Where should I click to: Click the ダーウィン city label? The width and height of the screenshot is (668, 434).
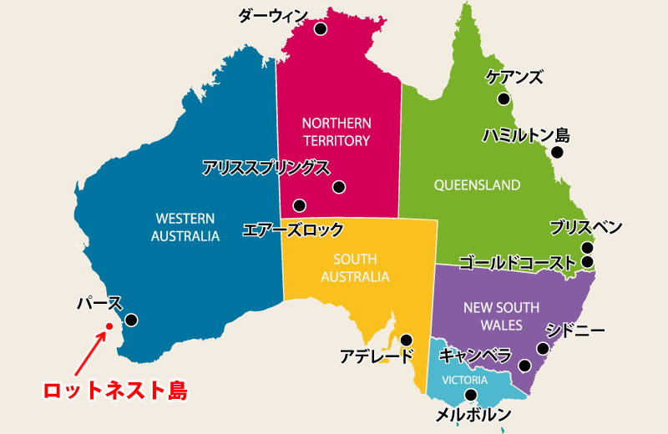tap(272, 15)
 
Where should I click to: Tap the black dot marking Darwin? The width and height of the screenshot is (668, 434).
tap(320, 29)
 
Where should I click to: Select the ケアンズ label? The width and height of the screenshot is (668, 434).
tap(514, 78)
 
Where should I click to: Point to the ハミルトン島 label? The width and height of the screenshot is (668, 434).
tap(526, 134)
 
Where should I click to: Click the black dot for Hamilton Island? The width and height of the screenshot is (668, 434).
tap(557, 153)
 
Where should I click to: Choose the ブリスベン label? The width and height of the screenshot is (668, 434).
tap(585, 227)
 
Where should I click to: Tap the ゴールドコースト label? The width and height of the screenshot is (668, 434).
tap(517, 262)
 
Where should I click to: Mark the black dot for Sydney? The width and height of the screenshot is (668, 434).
tap(543, 349)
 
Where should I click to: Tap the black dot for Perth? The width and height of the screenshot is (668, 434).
tap(131, 320)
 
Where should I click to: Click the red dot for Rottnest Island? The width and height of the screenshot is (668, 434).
tap(109, 326)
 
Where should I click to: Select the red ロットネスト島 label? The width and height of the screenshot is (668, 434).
tap(115, 390)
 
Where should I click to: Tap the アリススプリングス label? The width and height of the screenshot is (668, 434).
tap(266, 168)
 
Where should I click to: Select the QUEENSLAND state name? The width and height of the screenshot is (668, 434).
tap(477, 184)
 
